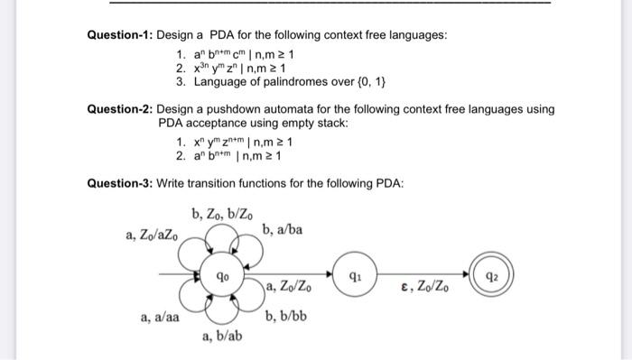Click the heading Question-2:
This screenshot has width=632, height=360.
119,109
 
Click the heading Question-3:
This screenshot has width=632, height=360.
119,184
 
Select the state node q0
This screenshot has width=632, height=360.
222,273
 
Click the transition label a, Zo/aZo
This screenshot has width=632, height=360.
153,235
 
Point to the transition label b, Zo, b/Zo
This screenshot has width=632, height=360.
222,213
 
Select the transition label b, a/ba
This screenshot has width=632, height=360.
283,230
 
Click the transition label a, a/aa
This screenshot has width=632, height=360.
159,318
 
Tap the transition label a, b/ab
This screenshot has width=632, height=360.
222,337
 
